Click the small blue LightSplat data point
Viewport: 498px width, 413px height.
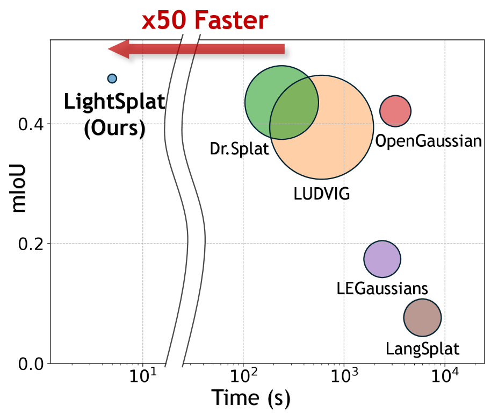[x=112, y=79]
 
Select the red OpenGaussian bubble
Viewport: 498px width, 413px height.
[x=395, y=111]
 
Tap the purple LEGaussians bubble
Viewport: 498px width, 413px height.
[x=382, y=259]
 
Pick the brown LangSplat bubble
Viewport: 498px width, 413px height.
[x=422, y=318]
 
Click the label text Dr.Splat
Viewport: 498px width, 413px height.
[x=239, y=148]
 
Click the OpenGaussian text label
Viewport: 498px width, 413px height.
[x=428, y=141]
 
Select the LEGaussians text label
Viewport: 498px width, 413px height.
[x=382, y=288]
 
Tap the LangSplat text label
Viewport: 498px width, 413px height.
[x=423, y=348]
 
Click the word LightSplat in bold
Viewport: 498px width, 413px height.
[x=114, y=102]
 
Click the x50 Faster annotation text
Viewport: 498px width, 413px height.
[x=204, y=20]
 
